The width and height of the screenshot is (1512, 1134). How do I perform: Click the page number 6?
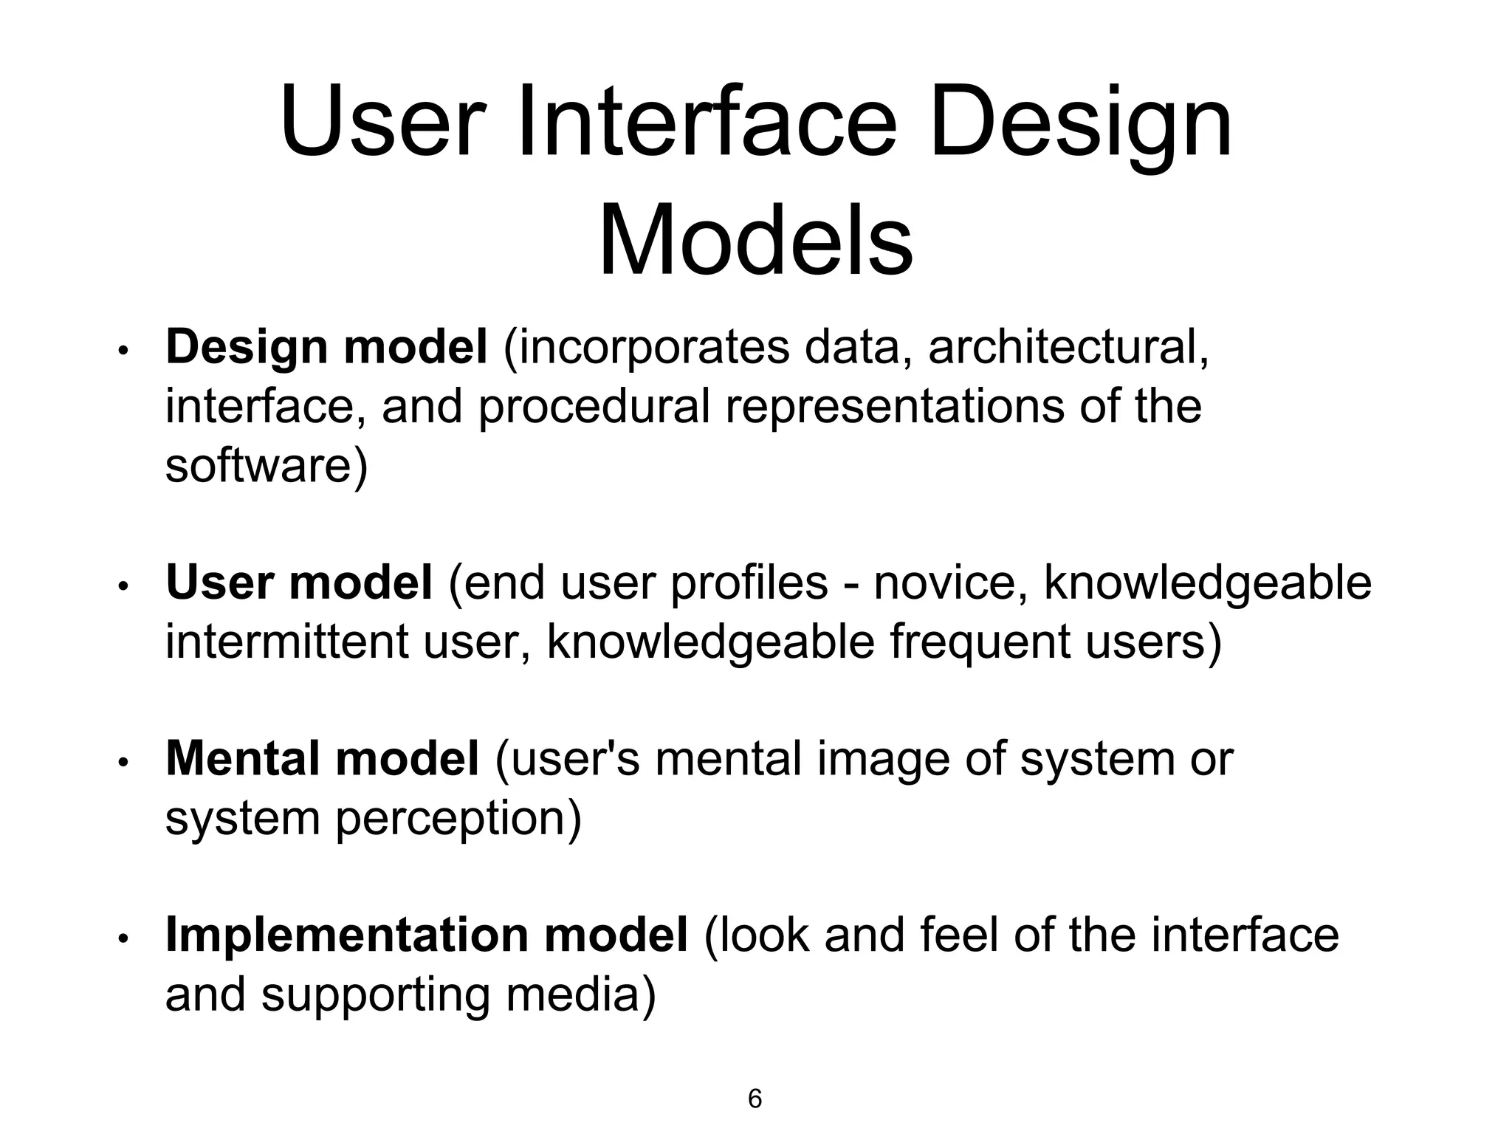(x=755, y=1099)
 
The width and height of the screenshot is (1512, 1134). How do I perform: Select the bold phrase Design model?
(x=326, y=347)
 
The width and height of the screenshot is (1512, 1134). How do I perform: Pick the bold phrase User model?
(x=299, y=583)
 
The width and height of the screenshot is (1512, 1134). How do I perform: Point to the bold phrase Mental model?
(x=323, y=759)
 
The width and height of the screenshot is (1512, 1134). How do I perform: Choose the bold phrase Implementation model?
(x=427, y=935)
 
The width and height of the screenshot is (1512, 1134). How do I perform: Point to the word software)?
(x=267, y=466)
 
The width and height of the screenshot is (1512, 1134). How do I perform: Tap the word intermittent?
(x=287, y=642)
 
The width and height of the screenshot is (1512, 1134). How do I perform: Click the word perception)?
(x=458, y=819)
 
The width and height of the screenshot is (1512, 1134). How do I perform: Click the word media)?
(x=581, y=994)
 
